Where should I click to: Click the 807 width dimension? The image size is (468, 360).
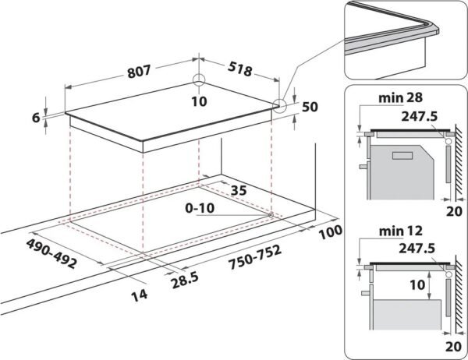(x=139, y=72)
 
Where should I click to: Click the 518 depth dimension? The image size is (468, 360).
(x=240, y=69)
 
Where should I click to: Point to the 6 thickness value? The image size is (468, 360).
(x=36, y=118)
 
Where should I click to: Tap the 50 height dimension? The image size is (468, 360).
(x=310, y=107)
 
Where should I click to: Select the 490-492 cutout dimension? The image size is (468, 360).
(x=51, y=253)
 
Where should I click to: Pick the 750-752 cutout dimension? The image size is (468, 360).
(x=255, y=257)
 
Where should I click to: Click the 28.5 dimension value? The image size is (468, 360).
(x=185, y=281)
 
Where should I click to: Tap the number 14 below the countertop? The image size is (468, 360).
(x=140, y=295)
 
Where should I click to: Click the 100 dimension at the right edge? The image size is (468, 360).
(x=331, y=232)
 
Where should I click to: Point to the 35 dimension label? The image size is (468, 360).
(x=239, y=190)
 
